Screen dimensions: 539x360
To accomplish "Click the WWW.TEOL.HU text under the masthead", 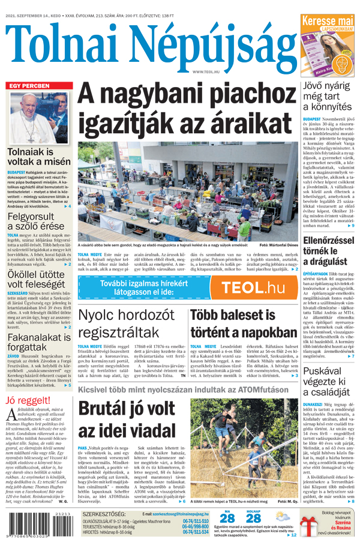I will pyautogui.click(x=206, y=72).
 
